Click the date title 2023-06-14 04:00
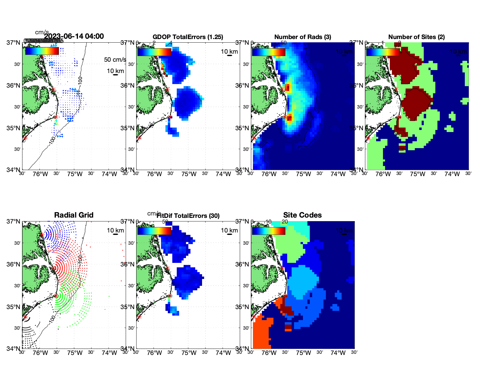(x=74, y=36)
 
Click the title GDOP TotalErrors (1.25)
(x=188, y=37)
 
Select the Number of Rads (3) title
(x=303, y=37)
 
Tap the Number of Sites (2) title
(x=417, y=37)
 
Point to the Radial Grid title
(x=74, y=215)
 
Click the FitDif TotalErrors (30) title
(x=188, y=216)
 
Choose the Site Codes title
(x=302, y=215)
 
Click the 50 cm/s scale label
(x=115, y=60)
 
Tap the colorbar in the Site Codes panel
(x=268, y=231)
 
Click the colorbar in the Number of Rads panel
(x=268, y=52)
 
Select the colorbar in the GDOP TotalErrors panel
(x=154, y=52)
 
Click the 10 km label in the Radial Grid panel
(x=115, y=230)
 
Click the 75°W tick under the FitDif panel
(x=189, y=353)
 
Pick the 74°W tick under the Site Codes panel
(x=338, y=353)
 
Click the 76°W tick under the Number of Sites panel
(x=383, y=174)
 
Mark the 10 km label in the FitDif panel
(x=229, y=230)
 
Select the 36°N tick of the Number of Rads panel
(x=242, y=86)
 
